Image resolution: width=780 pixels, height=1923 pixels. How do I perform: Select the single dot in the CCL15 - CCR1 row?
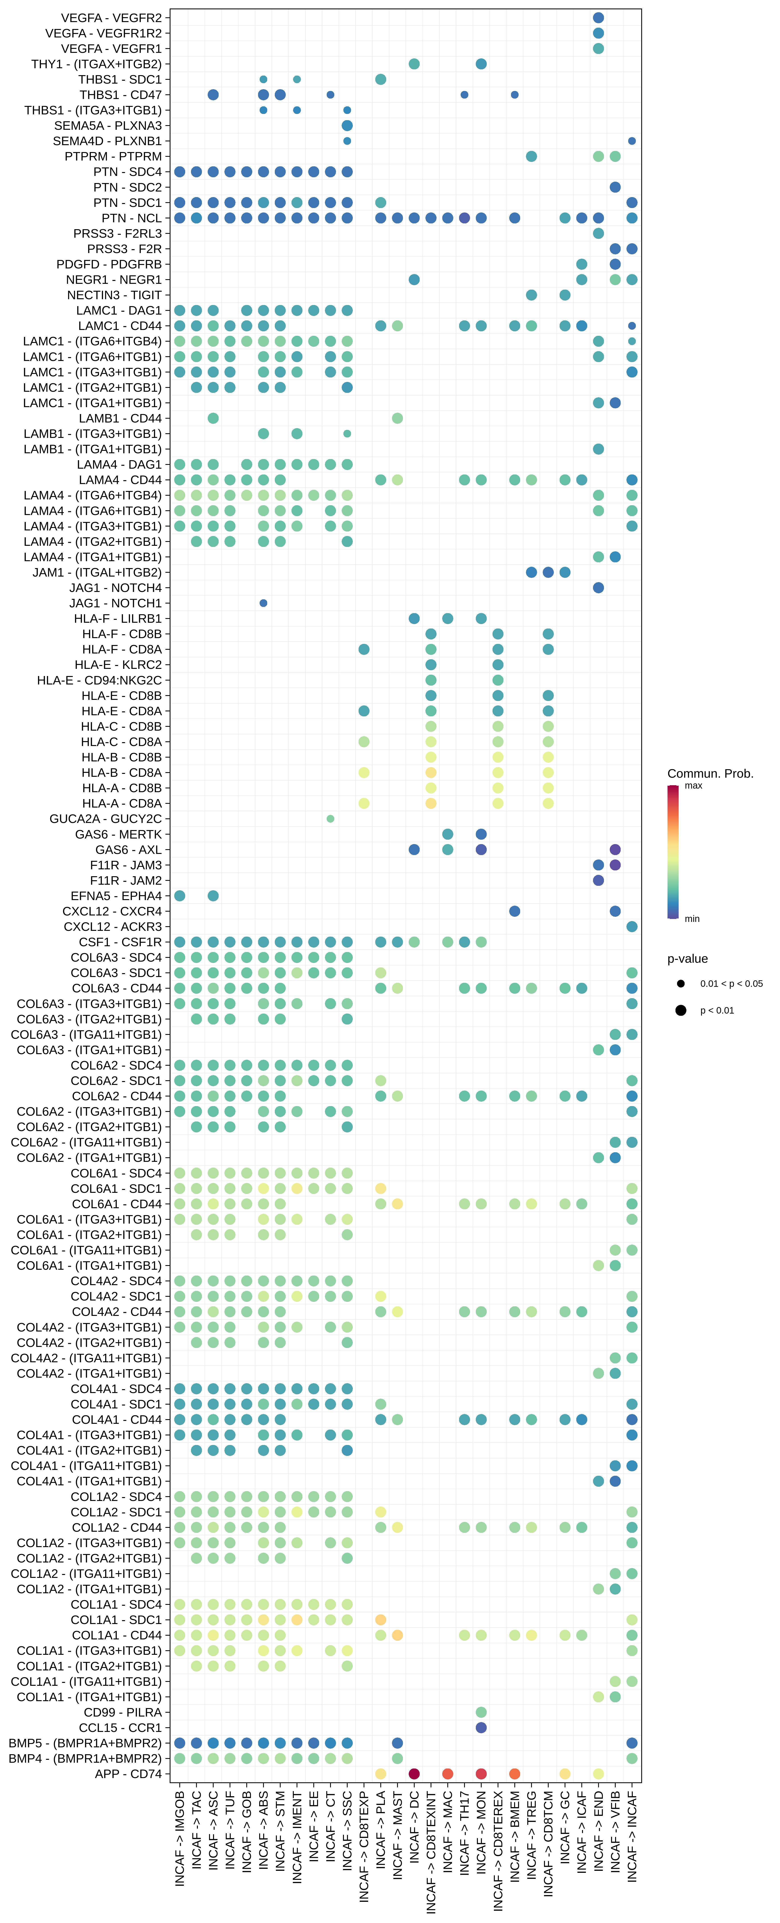481,1727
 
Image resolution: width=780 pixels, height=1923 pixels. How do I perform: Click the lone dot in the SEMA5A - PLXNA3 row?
347,125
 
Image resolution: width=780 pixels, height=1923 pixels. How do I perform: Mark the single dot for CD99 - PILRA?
481,1712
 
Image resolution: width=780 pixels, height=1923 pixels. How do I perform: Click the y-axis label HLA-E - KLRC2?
118,664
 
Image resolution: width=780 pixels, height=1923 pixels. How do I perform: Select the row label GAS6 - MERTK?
118,834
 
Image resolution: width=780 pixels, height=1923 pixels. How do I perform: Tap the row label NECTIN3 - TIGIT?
114,295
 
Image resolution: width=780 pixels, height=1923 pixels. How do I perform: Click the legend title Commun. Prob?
710,773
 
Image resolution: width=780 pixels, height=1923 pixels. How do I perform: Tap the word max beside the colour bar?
693,785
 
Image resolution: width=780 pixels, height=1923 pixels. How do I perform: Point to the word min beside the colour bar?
692,919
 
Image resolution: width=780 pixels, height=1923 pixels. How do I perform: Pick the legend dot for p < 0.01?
681,1010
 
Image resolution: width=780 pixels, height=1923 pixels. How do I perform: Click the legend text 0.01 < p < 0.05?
731,984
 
